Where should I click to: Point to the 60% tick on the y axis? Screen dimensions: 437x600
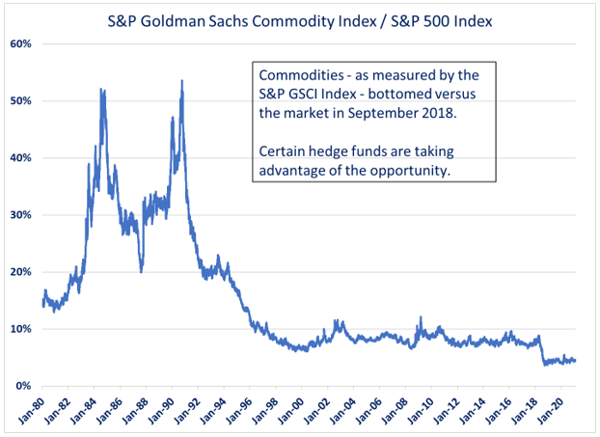pyautogui.click(x=21, y=44)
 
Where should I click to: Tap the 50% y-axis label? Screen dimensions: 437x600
pyautogui.click(x=21, y=101)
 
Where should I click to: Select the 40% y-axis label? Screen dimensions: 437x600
pyautogui.click(x=21, y=158)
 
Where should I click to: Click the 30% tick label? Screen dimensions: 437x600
pyautogui.click(x=21, y=215)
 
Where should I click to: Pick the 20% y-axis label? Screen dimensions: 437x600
pyautogui.click(x=21, y=272)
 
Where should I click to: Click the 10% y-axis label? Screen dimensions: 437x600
pyautogui.click(x=21, y=329)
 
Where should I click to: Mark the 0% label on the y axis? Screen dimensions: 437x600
pyautogui.click(x=24, y=386)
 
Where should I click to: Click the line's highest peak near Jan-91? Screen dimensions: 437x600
pyautogui.click(x=181, y=82)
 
